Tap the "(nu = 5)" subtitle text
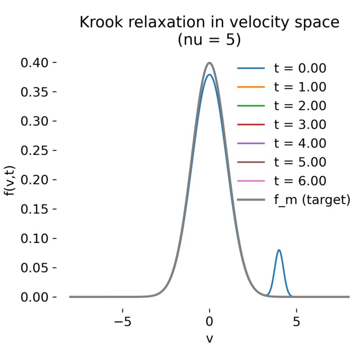click(x=209, y=40)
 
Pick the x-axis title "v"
click(x=209, y=338)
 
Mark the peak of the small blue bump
click(x=279, y=250)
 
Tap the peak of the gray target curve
click(x=209, y=63)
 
